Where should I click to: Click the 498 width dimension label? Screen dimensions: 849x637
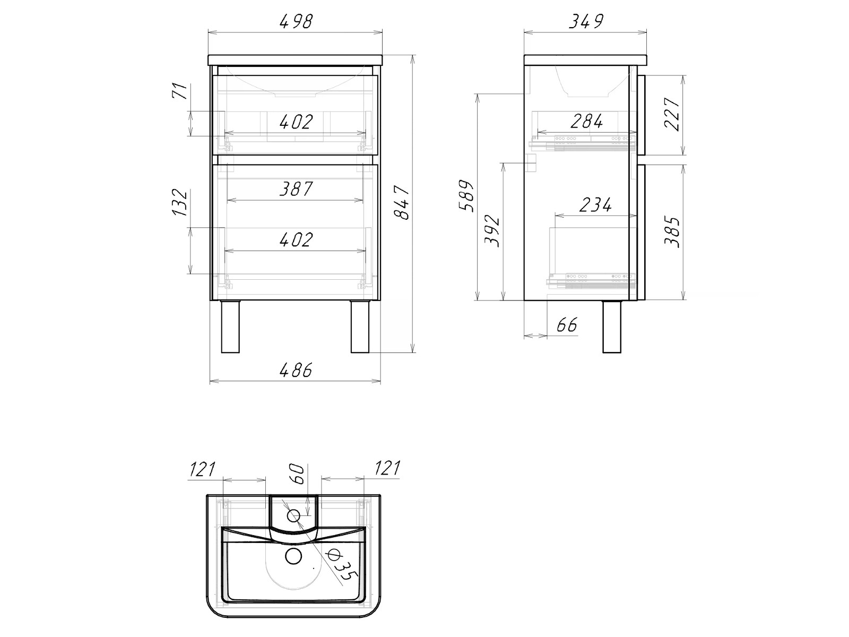tap(296, 22)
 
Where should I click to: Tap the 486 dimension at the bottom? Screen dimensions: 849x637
tap(296, 371)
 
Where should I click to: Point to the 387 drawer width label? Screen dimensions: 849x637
tap(296, 189)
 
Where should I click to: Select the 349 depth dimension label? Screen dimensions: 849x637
tap(586, 22)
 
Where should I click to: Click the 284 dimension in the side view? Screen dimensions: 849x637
tap(587, 122)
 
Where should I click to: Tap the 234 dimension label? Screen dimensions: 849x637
tap(595, 204)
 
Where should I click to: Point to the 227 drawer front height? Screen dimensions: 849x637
tap(672, 115)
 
